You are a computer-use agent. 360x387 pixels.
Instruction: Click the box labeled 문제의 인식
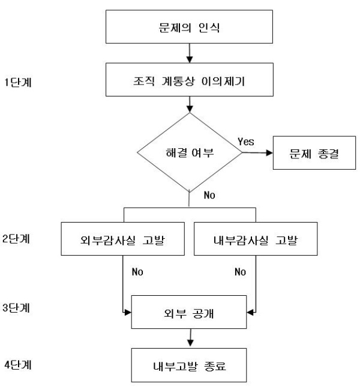tap(189, 27)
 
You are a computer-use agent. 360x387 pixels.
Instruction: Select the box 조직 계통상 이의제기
tap(190, 80)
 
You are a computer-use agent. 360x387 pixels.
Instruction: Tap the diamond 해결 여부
tap(190, 152)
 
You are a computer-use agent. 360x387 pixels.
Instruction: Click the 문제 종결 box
tap(314, 153)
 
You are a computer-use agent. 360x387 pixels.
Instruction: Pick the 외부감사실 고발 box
tap(123, 239)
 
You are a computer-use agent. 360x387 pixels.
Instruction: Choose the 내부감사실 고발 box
tap(256, 239)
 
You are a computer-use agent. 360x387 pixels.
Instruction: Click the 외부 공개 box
tap(189, 312)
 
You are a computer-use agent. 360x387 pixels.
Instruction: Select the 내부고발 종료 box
tap(189, 365)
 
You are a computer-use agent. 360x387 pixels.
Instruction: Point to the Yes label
tap(246, 142)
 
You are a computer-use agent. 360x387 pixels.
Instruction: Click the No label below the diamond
tap(209, 195)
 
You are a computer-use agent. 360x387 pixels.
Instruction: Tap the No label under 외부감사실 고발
tap(137, 272)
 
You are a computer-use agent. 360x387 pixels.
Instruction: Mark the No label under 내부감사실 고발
tap(241, 272)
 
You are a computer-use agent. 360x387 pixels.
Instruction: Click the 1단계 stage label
tap(18, 82)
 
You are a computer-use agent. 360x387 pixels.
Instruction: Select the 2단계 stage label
tap(16, 239)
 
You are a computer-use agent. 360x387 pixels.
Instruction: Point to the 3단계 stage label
tap(16, 308)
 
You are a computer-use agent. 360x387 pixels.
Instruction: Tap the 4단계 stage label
tap(18, 365)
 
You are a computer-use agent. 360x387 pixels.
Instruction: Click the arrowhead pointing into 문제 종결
tap(269, 153)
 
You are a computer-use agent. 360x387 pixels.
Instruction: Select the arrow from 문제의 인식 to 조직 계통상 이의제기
tap(190, 53)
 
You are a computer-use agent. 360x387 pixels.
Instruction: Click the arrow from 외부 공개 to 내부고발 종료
tap(190, 338)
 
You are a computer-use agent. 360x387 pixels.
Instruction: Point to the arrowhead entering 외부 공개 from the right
tap(250, 313)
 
